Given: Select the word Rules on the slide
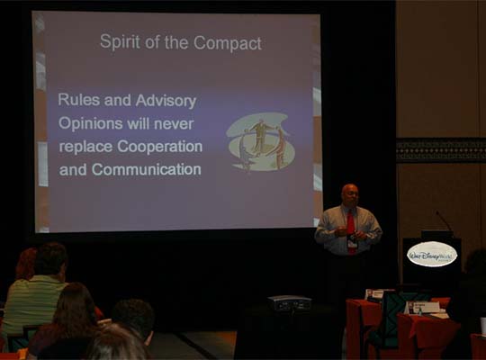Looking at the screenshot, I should [78, 100].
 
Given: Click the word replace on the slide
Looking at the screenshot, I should [85, 146].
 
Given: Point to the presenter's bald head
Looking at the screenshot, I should [350, 193].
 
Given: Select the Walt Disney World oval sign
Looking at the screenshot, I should [432, 254].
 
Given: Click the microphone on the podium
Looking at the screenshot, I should [444, 221].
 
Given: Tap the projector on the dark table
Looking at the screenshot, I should [290, 303].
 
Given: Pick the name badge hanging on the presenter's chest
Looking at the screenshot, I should [352, 241].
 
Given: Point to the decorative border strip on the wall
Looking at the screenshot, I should [441, 149].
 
